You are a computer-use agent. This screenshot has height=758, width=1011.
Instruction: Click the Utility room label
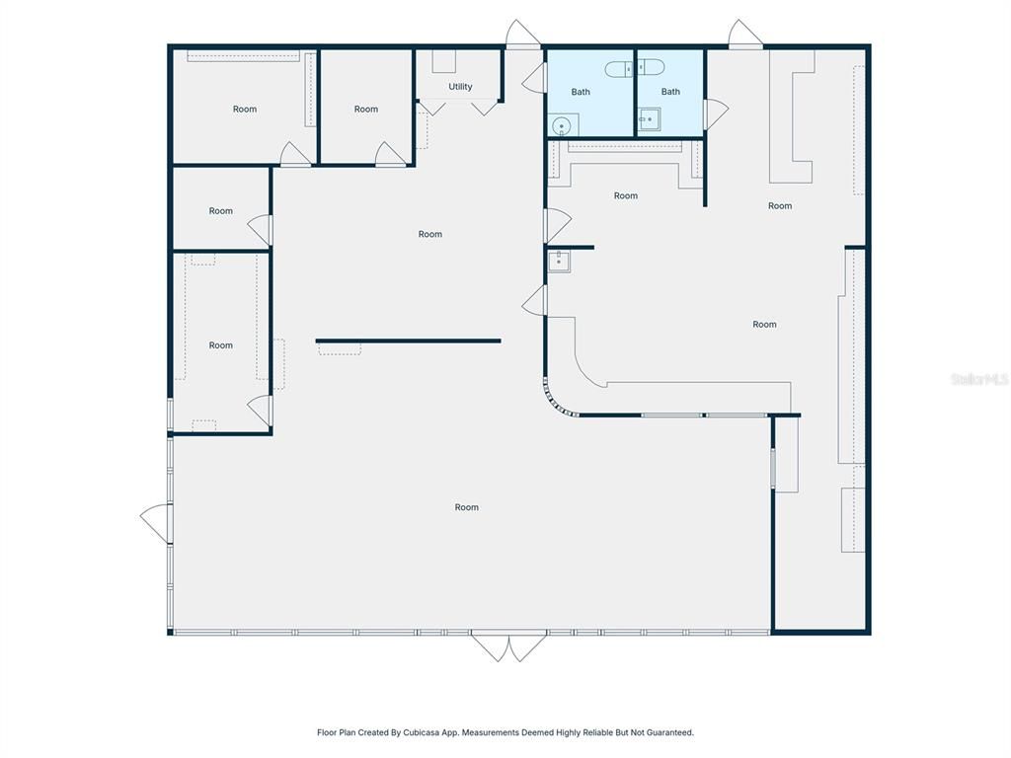[x=460, y=87]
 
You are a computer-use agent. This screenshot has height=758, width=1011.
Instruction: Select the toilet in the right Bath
[x=651, y=67]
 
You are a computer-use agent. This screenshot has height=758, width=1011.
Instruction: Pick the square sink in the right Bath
[x=650, y=120]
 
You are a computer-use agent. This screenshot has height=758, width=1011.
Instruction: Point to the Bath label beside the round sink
[x=581, y=92]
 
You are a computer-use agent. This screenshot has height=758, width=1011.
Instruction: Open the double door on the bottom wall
[x=508, y=646]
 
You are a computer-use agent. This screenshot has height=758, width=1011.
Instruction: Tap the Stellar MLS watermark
[x=978, y=379]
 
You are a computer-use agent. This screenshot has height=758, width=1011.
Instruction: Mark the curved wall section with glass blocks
[x=555, y=402]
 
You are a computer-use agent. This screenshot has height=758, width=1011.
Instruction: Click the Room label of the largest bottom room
[x=467, y=507]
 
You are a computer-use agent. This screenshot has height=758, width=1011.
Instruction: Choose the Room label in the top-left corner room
[x=245, y=109]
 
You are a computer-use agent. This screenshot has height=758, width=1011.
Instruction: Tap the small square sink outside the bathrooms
[x=559, y=262]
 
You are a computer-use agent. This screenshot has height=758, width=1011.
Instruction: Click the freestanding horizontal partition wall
[x=408, y=341]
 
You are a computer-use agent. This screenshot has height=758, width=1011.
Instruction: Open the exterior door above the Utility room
[x=522, y=35]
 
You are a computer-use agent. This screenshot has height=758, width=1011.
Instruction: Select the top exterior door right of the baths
[x=745, y=35]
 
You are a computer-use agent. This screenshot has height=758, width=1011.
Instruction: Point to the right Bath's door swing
[x=715, y=114]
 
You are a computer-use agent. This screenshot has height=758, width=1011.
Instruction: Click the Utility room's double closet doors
[x=458, y=107]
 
